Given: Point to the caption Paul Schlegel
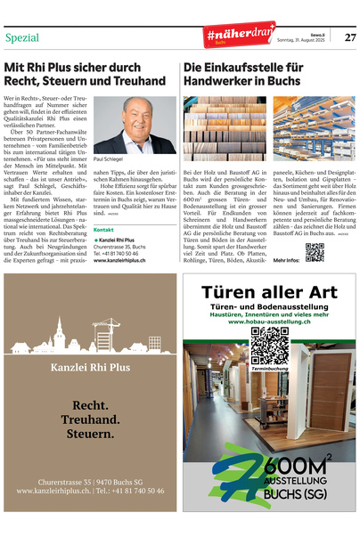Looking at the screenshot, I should tap(110, 159).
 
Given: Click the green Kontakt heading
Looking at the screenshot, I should tap(103, 230).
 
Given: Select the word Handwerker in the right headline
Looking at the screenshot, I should tap(223, 81).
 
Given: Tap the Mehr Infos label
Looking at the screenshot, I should tap(286, 261).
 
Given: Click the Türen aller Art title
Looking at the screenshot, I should tap(268, 292).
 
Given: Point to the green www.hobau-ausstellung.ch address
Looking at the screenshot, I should tap(269, 321).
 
